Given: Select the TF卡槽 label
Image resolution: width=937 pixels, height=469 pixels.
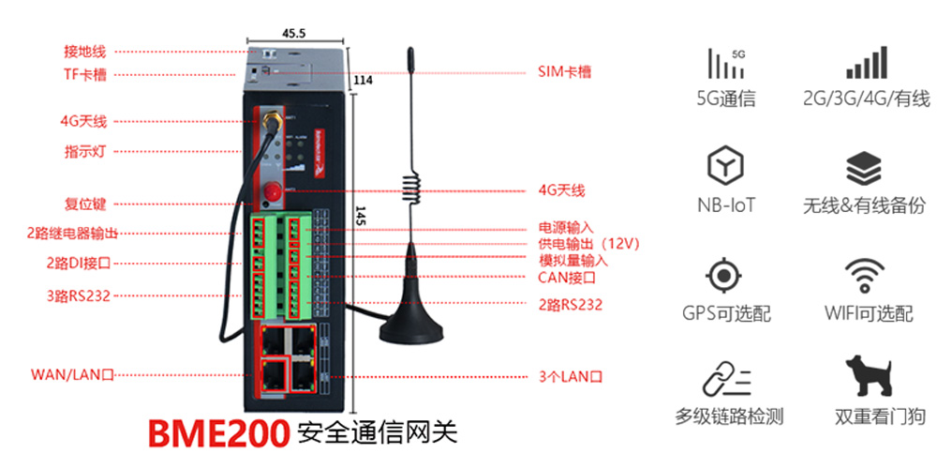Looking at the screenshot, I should point(83,74).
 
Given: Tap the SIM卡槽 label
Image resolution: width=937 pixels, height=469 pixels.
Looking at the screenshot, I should point(564,71).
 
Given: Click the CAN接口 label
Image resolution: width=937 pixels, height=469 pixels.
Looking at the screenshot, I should point(566,277).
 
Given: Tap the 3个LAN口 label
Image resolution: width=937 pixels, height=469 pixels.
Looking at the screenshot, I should point(570,376).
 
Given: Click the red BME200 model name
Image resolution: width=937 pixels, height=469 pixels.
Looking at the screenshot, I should point(217,432).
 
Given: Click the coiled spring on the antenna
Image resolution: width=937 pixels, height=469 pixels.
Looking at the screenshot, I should point(409,182).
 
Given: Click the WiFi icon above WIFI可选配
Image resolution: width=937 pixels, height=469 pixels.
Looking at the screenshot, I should point(867,275).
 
